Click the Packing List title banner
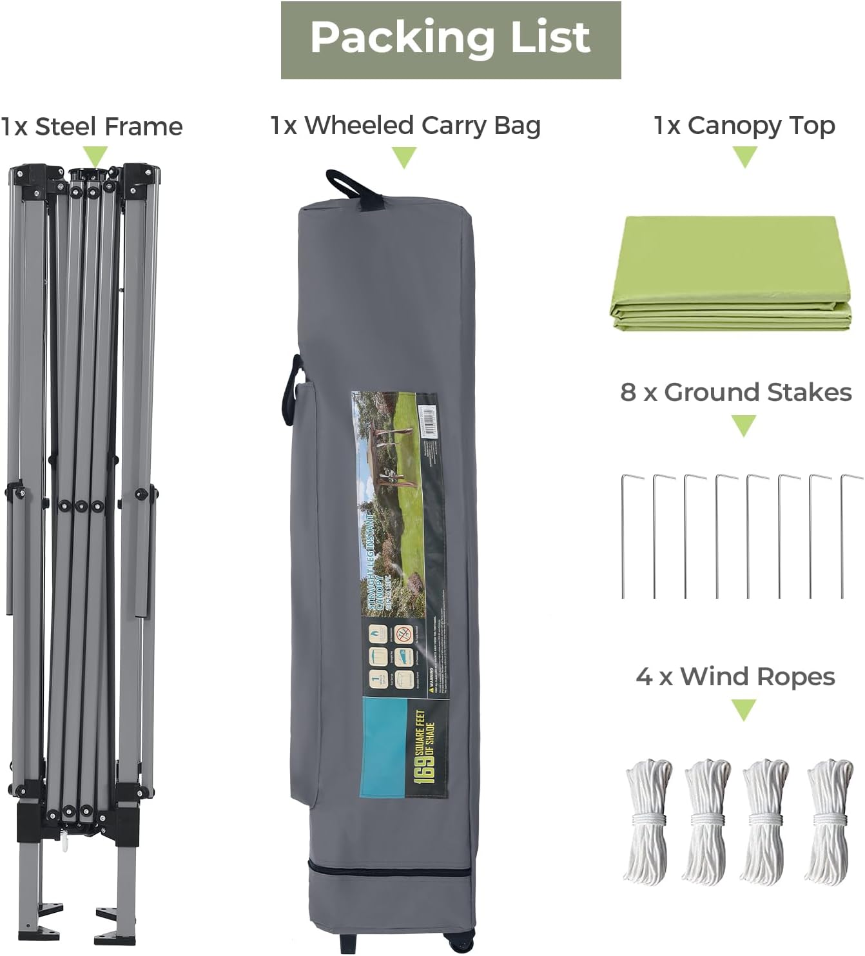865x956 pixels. click(x=451, y=39)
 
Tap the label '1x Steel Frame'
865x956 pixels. click(x=92, y=127)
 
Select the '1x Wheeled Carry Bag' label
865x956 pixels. click(x=405, y=126)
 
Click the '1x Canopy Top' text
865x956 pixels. click(x=744, y=126)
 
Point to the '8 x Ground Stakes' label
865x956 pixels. click(x=736, y=392)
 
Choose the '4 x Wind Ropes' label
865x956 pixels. click(x=735, y=677)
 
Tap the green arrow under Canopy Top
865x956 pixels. click(x=744, y=157)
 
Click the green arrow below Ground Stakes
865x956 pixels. click(x=744, y=425)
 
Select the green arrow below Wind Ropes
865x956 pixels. click(x=744, y=710)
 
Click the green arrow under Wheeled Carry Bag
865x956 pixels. click(x=404, y=157)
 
